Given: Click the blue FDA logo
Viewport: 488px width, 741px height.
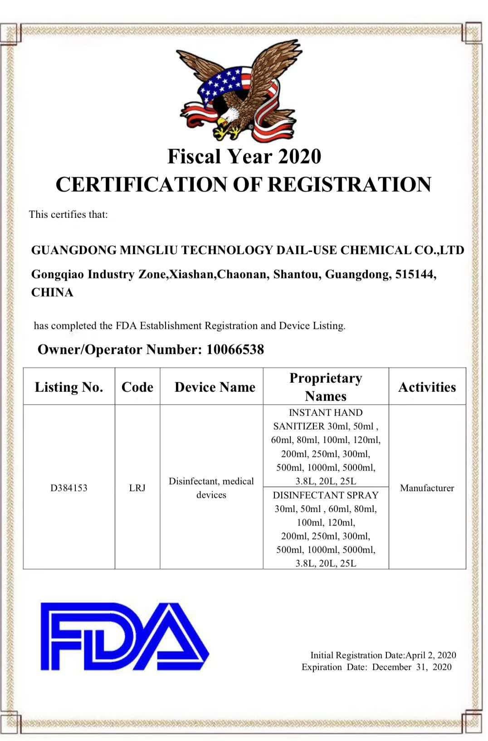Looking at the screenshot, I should [x=124, y=636].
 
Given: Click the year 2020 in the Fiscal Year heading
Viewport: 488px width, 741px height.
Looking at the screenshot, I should [x=299, y=157].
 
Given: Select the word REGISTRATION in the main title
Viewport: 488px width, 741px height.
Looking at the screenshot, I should [x=349, y=184].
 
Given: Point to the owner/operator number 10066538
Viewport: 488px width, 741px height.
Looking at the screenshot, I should [x=235, y=349].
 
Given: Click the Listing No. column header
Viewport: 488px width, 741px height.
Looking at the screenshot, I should [x=69, y=387].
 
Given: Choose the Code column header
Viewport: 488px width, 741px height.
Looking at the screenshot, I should [x=137, y=387].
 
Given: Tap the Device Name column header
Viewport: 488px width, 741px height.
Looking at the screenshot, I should [x=215, y=387].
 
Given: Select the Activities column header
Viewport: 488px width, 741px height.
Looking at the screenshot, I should [x=427, y=387].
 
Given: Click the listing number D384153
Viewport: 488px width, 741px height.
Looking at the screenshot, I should [x=69, y=488].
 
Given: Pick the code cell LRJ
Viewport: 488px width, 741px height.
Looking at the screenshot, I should [x=137, y=488].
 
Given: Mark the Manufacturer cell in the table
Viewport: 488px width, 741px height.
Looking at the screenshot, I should [x=427, y=488].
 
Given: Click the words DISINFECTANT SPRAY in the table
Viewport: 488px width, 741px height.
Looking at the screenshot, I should [x=326, y=495].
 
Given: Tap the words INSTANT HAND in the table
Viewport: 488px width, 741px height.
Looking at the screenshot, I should [x=326, y=413].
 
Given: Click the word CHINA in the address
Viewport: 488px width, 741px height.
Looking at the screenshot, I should [x=52, y=292].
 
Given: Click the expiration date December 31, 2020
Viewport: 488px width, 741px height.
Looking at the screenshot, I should [x=412, y=667].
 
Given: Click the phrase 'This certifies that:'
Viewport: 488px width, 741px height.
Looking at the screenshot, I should [x=68, y=214].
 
